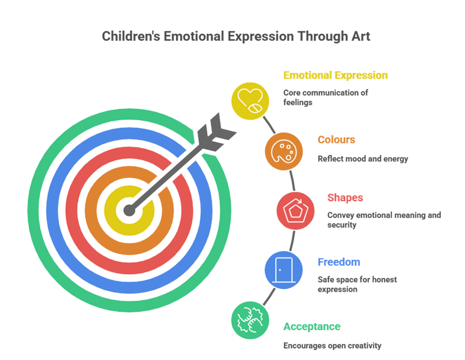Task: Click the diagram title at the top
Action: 236,36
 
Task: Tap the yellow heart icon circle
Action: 250,100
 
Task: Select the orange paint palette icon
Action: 283,150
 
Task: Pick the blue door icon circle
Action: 283,270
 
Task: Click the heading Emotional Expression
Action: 335,76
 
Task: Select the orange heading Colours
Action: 336,140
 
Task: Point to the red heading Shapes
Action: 345,198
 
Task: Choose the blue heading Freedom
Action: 339,262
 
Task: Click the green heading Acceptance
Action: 312,327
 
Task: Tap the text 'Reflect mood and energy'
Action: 363,159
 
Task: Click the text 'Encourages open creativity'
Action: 332,346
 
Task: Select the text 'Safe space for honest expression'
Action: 357,284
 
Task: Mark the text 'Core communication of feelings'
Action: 325,97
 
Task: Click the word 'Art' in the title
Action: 362,36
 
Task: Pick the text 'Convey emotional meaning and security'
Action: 384,220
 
